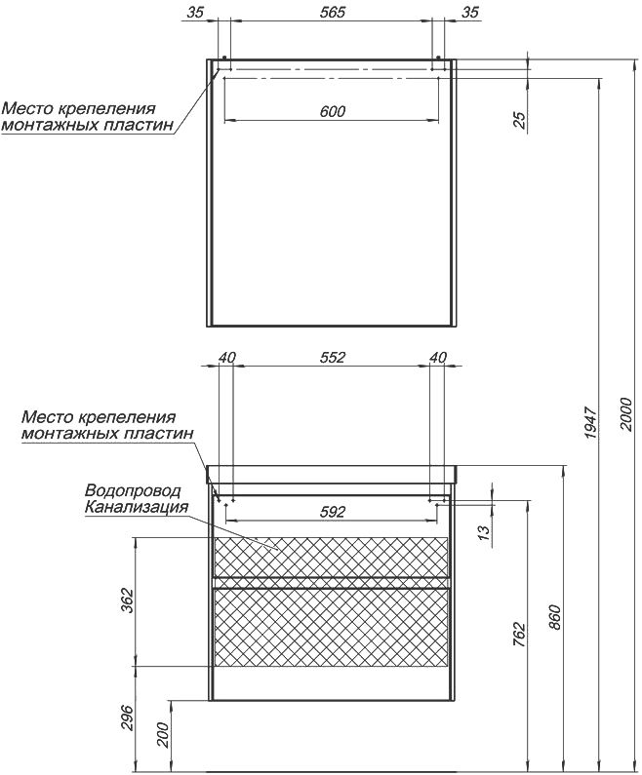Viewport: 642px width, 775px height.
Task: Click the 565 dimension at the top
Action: pyautogui.click(x=332, y=12)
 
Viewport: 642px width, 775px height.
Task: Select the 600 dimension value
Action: pyautogui.click(x=332, y=111)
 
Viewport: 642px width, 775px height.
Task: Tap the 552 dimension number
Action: pyautogui.click(x=332, y=357)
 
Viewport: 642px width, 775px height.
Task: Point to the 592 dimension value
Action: pyautogui.click(x=332, y=512)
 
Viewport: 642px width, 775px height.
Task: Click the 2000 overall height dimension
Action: pyautogui.click(x=626, y=413)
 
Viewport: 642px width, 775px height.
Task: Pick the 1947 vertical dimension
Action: pyautogui.click(x=591, y=422)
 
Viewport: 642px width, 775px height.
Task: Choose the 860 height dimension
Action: pyautogui.click(x=556, y=616)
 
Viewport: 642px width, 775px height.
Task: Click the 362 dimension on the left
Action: pyautogui.click(x=128, y=601)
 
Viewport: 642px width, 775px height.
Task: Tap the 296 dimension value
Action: pyautogui.click(x=128, y=717)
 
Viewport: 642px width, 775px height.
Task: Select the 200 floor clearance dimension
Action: pyautogui.click(x=164, y=735)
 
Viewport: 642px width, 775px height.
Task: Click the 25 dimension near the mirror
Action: pyautogui.click(x=519, y=120)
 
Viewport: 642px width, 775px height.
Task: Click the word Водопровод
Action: pyautogui.click(x=133, y=490)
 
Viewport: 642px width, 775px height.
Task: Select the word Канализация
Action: pyautogui.click(x=137, y=507)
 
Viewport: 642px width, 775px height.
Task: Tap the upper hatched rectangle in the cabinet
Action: pyautogui.click(x=332, y=557)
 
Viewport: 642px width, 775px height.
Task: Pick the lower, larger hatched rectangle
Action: pyautogui.click(x=332, y=627)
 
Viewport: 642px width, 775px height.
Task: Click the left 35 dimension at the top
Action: pyautogui.click(x=195, y=12)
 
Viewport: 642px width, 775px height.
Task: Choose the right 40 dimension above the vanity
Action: pyautogui.click(x=438, y=357)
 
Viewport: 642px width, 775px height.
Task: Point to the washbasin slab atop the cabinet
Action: pyautogui.click(x=332, y=474)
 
